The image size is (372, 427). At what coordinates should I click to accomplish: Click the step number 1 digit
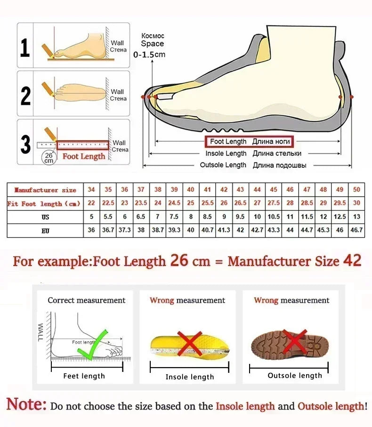click(25, 48)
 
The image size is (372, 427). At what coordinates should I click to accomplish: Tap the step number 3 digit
click(25, 144)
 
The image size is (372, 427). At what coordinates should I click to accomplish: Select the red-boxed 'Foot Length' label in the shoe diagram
click(248, 141)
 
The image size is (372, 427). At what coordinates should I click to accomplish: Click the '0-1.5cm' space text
click(149, 55)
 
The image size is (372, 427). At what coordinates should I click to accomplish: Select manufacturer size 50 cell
click(356, 190)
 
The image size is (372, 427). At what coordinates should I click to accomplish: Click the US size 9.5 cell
click(240, 217)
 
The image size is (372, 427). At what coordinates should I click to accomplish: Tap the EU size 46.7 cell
click(356, 230)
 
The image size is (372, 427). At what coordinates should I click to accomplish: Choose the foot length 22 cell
click(91, 203)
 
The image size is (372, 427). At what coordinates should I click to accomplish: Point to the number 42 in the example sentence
click(352, 260)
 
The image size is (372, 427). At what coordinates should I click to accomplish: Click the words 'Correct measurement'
click(87, 300)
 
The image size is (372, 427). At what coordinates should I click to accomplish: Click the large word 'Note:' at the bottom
click(26, 404)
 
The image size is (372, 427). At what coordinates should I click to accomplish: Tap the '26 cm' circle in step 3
click(49, 157)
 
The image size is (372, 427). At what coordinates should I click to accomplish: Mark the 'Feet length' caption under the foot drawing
click(84, 376)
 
